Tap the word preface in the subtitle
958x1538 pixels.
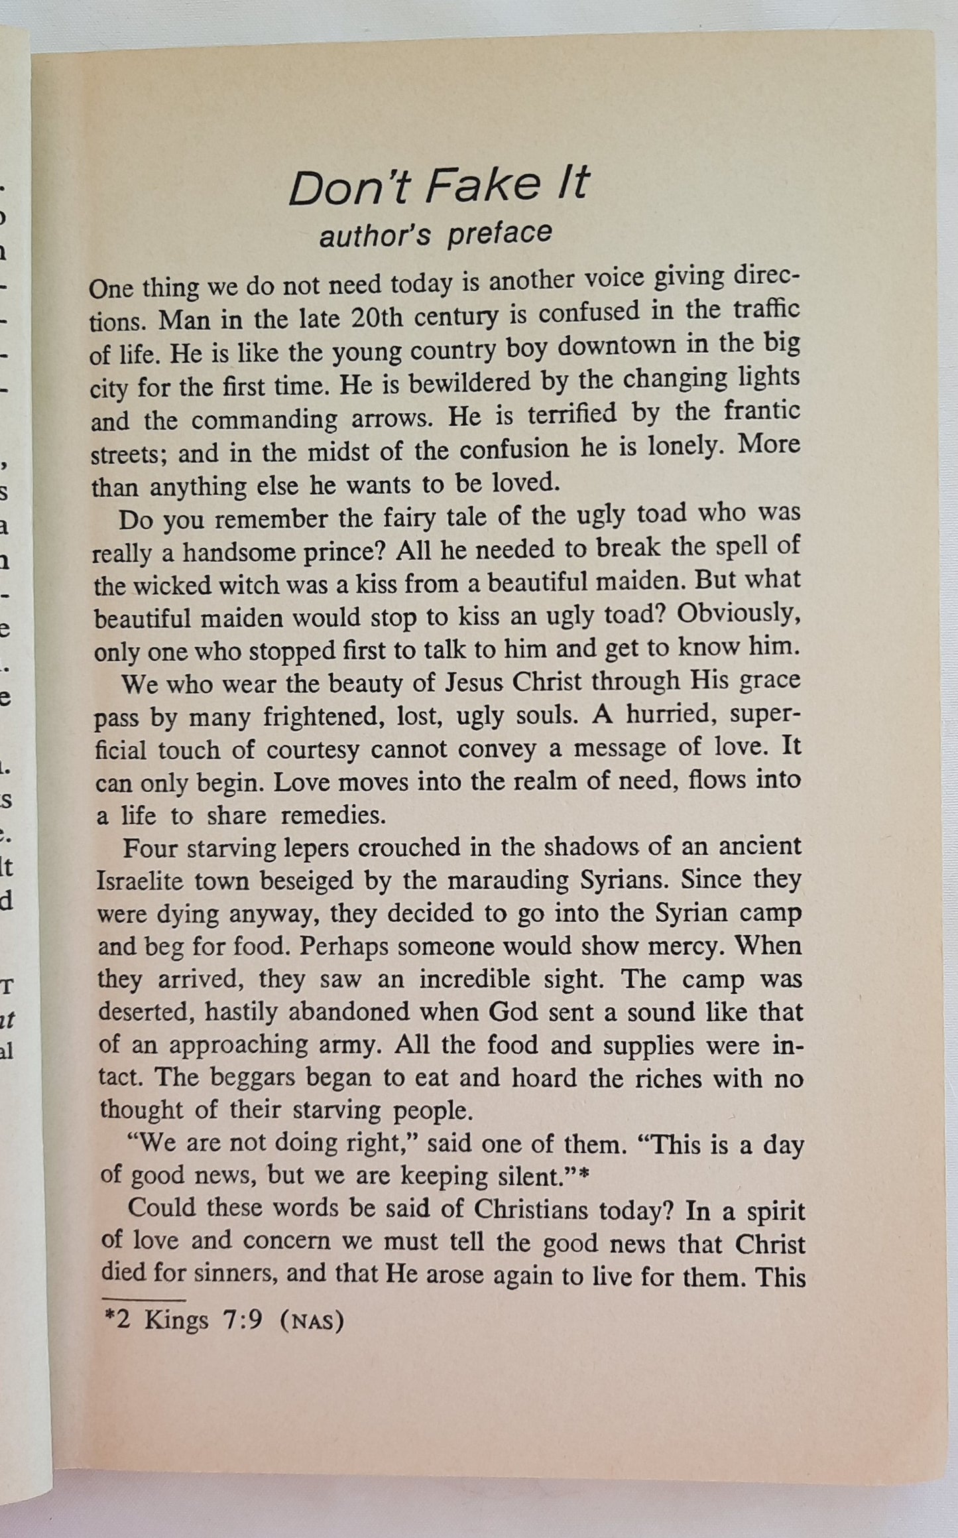point(499,234)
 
